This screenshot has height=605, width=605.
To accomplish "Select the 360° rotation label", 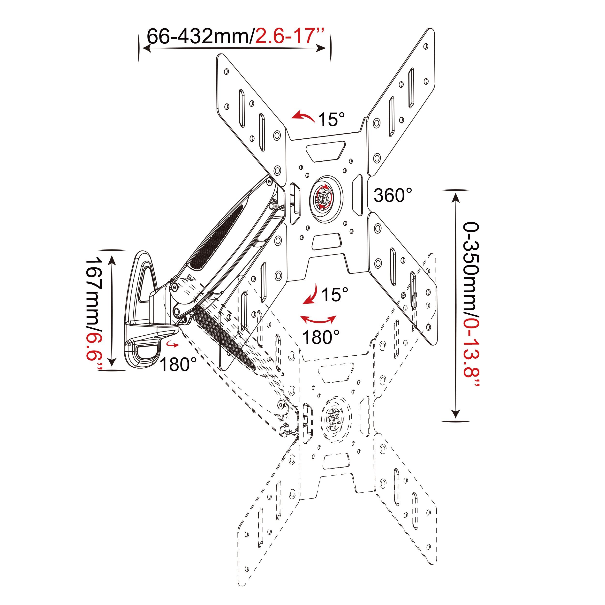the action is pos(393,195).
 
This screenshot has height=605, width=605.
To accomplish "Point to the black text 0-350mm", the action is pos(471,266).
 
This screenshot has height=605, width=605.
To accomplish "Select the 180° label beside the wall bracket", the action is pos(178,364).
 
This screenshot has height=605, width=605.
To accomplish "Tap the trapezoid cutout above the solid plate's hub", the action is pos(326,151).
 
